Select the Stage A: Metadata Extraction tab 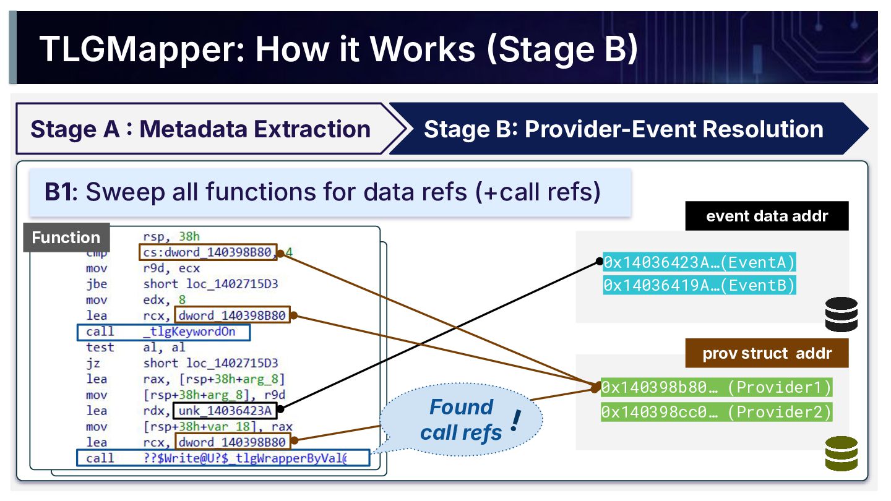[200, 129]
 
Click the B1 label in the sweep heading [61, 192]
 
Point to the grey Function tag [66, 238]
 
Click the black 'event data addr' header [767, 216]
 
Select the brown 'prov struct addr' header [767, 354]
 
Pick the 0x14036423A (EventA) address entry [699, 262]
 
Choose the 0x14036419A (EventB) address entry [699, 285]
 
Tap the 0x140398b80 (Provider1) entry [717, 388]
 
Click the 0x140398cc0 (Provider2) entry [717, 411]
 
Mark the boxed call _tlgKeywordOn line [164, 332]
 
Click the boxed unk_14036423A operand [227, 411]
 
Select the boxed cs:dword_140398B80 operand [207, 252]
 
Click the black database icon [841, 314]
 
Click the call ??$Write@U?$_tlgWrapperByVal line [223, 458]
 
